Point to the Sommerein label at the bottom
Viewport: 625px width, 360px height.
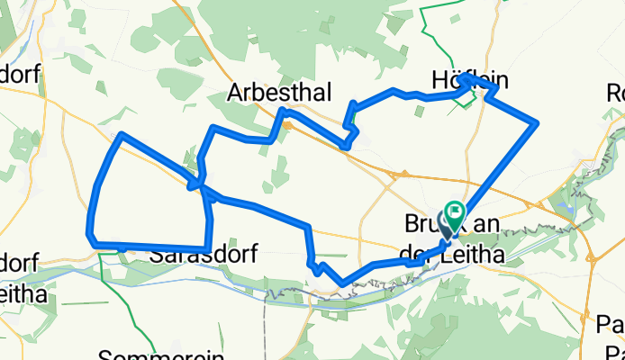(148, 354)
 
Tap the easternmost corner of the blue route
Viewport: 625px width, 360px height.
(538, 121)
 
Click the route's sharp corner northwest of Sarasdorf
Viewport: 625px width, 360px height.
(121, 134)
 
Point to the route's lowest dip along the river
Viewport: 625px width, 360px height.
(342, 283)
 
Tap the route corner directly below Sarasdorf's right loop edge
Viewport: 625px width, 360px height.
(208, 248)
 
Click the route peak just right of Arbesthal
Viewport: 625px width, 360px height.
(284, 110)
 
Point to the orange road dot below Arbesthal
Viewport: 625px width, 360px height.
(287, 126)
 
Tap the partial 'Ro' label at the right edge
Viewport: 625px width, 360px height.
(615, 92)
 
